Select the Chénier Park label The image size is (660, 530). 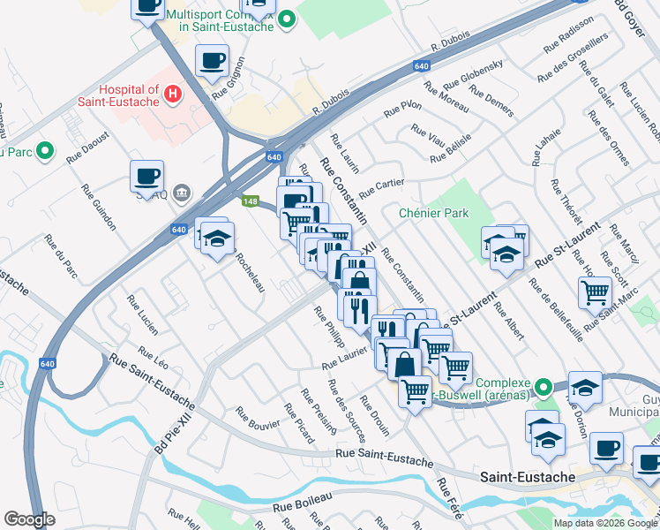[433, 213]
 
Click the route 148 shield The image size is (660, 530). [250, 201]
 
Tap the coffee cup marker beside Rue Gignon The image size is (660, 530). [213, 62]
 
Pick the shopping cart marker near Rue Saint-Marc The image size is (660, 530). [596, 291]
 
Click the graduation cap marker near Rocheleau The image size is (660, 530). [216, 238]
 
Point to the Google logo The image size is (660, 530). [29, 519]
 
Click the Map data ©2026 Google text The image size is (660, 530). [605, 523]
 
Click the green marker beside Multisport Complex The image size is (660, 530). [286, 19]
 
